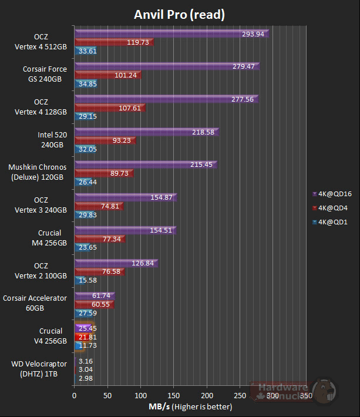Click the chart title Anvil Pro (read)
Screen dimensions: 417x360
coord(180,14)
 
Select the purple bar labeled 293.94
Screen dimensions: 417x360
coord(170,34)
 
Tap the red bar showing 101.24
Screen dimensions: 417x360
coord(107,75)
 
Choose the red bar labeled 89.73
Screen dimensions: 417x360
coord(103,174)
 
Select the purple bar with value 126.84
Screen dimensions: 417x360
coord(115,263)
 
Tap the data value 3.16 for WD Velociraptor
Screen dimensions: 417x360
coord(86,361)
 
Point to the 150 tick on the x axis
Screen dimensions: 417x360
coord(173,396)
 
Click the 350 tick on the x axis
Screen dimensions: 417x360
coord(305,396)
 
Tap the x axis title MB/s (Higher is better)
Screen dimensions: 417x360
coord(189,406)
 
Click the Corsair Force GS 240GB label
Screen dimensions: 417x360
coord(45,73)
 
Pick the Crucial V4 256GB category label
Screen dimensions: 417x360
coord(51,336)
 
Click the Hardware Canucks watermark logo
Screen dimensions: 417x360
coord(294,391)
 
